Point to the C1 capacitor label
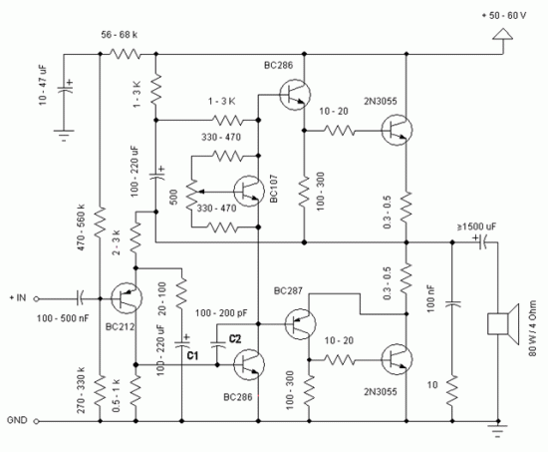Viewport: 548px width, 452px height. [192, 354]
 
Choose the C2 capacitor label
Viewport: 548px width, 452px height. [234, 338]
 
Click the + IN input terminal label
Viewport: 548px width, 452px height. [22, 296]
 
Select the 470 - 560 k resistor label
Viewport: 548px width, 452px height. [83, 230]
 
